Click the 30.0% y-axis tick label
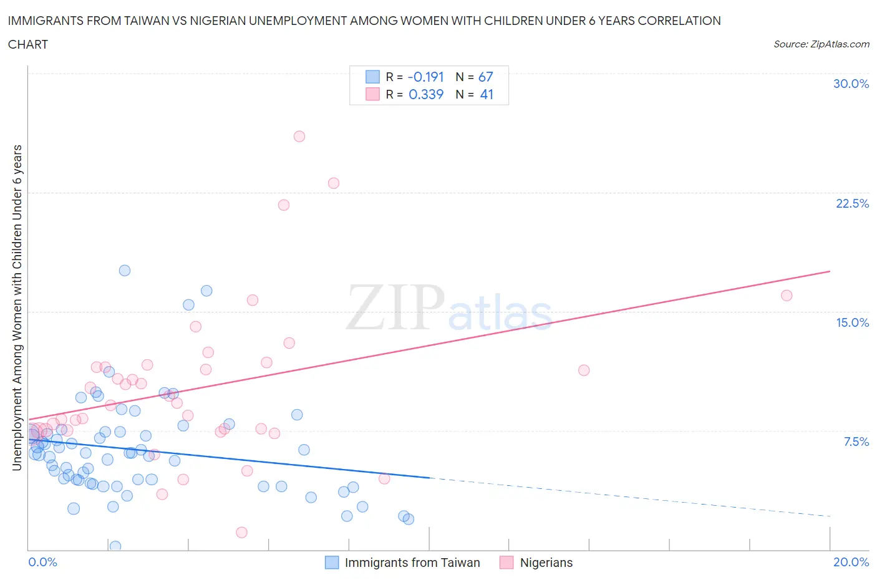click(851, 84)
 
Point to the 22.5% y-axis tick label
click(852, 203)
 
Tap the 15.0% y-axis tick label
click(852, 322)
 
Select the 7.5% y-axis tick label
click(856, 442)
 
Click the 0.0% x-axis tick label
click(42, 562)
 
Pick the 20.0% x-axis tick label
click(851, 562)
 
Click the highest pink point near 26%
click(299, 137)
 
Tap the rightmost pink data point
click(787, 296)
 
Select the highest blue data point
click(125, 271)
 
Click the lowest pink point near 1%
click(242, 532)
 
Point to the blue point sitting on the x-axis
click(115, 546)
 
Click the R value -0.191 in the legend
click(425, 77)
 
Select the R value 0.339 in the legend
click(425, 94)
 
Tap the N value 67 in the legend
click(485, 77)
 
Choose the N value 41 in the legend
click(486, 94)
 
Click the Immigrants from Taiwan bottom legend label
click(412, 563)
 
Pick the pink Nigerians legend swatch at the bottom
click(506, 563)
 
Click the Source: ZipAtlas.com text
click(821, 44)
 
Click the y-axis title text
click(17, 307)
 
